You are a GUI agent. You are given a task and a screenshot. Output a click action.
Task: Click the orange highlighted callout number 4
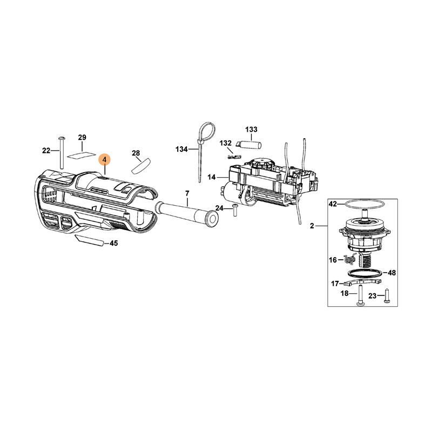pos(104,159)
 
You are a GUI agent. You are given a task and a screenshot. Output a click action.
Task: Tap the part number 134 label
pos(181,150)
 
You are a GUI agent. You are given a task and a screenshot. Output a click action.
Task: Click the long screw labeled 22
pos(62,152)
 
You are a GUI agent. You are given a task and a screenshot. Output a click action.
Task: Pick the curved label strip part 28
pos(141,166)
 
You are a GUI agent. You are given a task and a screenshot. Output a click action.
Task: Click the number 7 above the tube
pos(187,193)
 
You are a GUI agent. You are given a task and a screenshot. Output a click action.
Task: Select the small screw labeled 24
pos(235,210)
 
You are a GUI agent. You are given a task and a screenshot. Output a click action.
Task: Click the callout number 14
pos(212,177)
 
